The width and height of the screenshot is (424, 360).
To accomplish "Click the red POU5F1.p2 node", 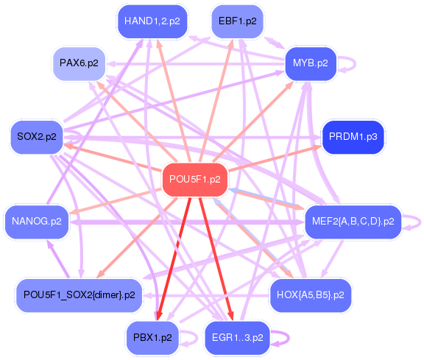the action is click(x=195, y=180).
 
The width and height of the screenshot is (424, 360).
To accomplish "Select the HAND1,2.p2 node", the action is click(x=152, y=21).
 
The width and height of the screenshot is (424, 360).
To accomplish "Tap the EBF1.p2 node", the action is click(x=238, y=21).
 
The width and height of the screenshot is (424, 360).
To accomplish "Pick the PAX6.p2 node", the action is click(x=79, y=63).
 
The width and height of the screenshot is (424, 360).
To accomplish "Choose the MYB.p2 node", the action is click(x=311, y=63).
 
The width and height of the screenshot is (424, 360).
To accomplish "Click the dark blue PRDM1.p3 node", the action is click(x=353, y=137).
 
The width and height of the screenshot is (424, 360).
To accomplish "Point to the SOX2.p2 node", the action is click(x=37, y=137).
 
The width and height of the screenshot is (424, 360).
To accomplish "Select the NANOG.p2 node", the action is click(x=37, y=222).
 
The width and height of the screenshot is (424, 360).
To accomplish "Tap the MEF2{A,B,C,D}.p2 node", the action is click(x=353, y=222).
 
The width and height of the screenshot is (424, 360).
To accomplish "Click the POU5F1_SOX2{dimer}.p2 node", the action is click(x=79, y=295).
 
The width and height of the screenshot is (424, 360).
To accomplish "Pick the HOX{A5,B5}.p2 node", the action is click(x=311, y=295).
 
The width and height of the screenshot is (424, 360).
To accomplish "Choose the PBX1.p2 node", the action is click(x=152, y=338).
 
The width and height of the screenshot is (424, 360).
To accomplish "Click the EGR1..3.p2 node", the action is click(x=238, y=338).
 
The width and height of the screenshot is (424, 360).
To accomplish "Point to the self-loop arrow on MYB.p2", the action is click(x=356, y=64).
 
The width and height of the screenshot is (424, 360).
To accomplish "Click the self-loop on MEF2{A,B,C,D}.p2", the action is click(x=420, y=222).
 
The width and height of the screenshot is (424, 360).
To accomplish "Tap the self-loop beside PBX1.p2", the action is click(x=197, y=338).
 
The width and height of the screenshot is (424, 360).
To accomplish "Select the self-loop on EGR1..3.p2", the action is click(x=289, y=338).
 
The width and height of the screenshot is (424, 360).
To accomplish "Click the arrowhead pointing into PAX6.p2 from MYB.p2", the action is click(x=110, y=64).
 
